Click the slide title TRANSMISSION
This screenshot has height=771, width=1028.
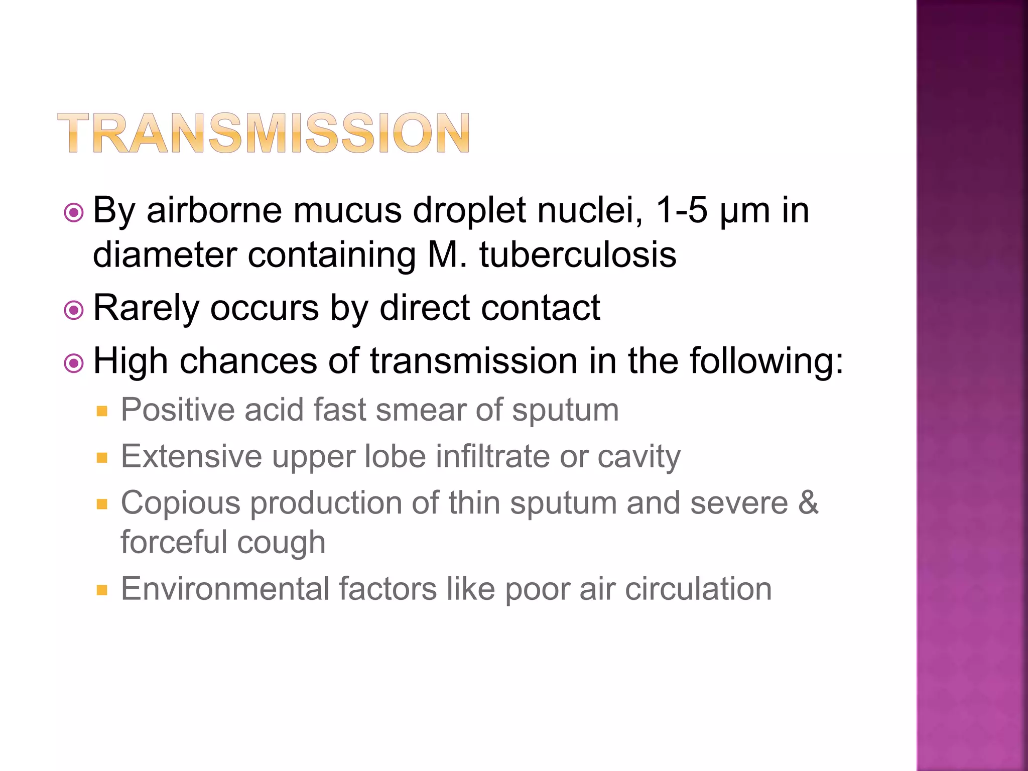point(264,133)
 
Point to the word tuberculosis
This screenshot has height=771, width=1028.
point(578,254)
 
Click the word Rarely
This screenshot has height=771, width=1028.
point(146,308)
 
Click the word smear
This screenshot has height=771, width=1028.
point(421,410)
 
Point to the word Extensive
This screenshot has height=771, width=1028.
point(191,456)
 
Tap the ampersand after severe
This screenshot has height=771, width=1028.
point(808,503)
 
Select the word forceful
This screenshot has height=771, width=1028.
point(174,542)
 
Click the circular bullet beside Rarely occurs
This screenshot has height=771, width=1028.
point(74,310)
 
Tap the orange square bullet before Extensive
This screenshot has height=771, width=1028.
point(102,458)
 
